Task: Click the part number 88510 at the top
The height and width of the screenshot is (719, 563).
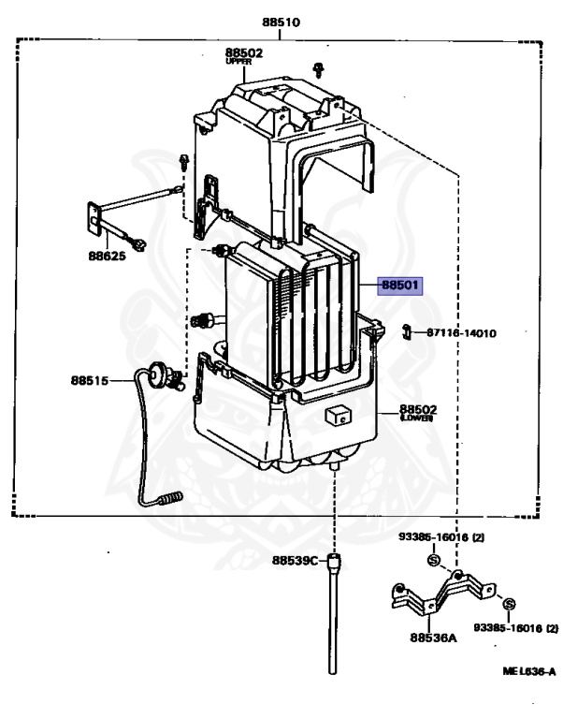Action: pos(281,22)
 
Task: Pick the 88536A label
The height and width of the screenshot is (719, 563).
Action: pos(432,639)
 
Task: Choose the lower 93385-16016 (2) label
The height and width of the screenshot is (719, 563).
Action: pos(515,626)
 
